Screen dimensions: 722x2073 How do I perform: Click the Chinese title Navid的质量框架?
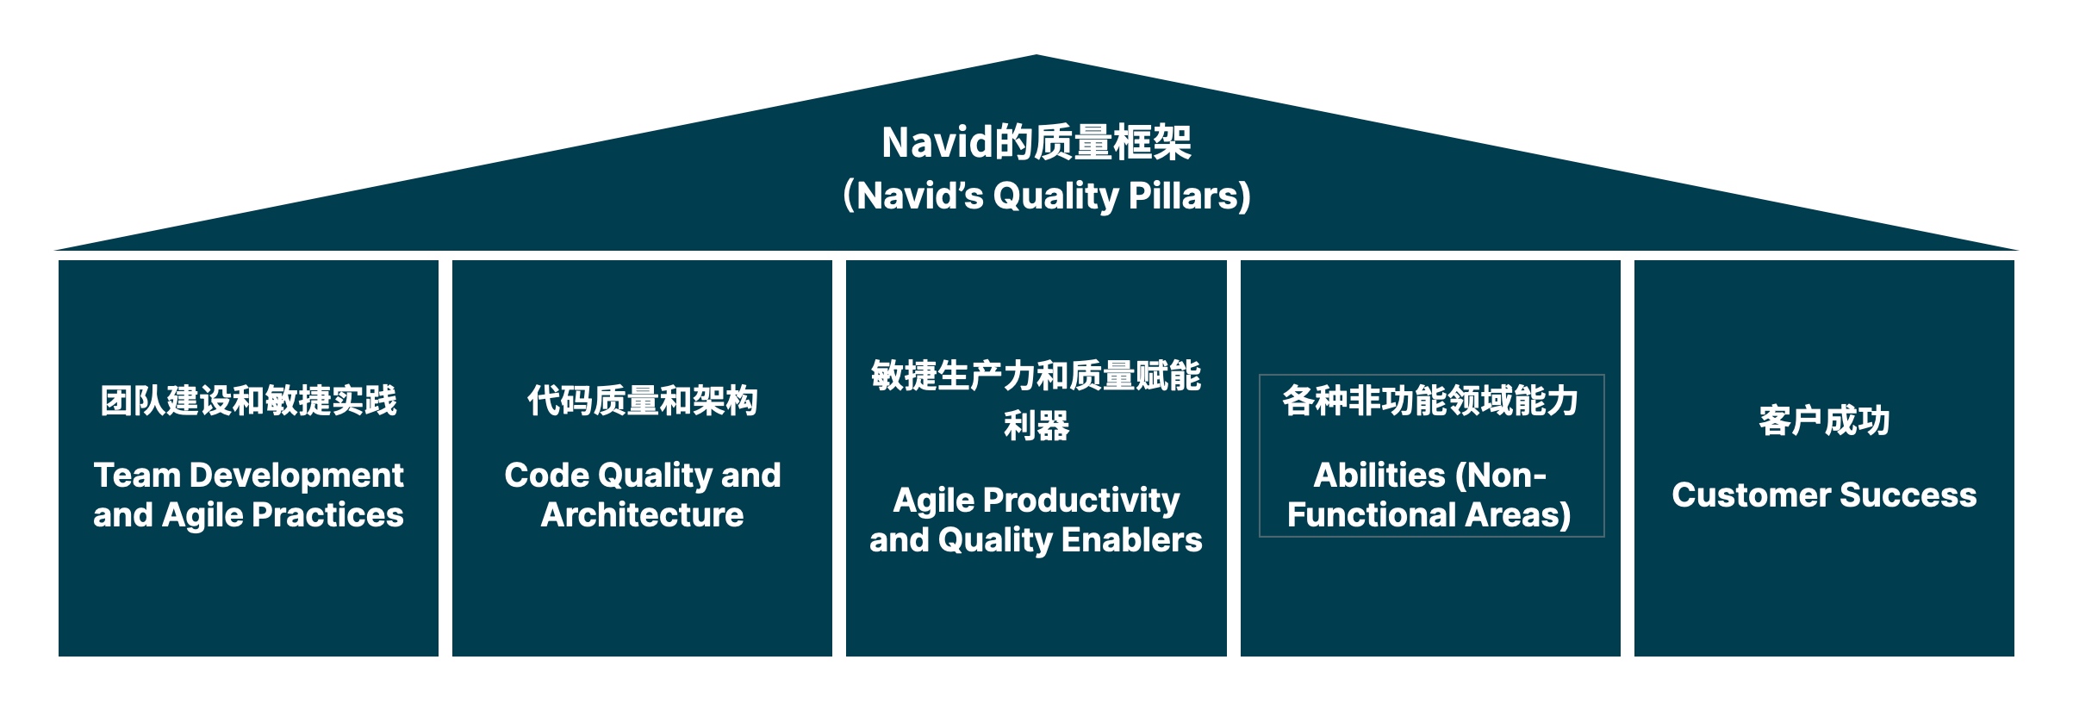point(1036,142)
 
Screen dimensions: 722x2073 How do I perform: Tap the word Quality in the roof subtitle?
point(1055,196)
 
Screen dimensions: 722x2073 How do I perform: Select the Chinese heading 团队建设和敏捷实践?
point(248,401)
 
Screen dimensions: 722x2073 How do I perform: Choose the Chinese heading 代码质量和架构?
point(642,401)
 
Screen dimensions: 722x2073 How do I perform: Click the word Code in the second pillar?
point(545,476)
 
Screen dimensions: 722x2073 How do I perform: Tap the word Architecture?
point(642,515)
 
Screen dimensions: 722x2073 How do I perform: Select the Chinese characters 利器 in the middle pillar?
point(1036,426)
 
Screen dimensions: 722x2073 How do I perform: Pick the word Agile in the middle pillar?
point(934,501)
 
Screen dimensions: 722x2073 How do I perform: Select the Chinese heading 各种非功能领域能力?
point(1430,401)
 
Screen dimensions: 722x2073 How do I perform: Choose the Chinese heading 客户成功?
point(1824,421)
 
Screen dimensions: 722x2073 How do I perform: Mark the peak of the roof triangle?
point(1036,58)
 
